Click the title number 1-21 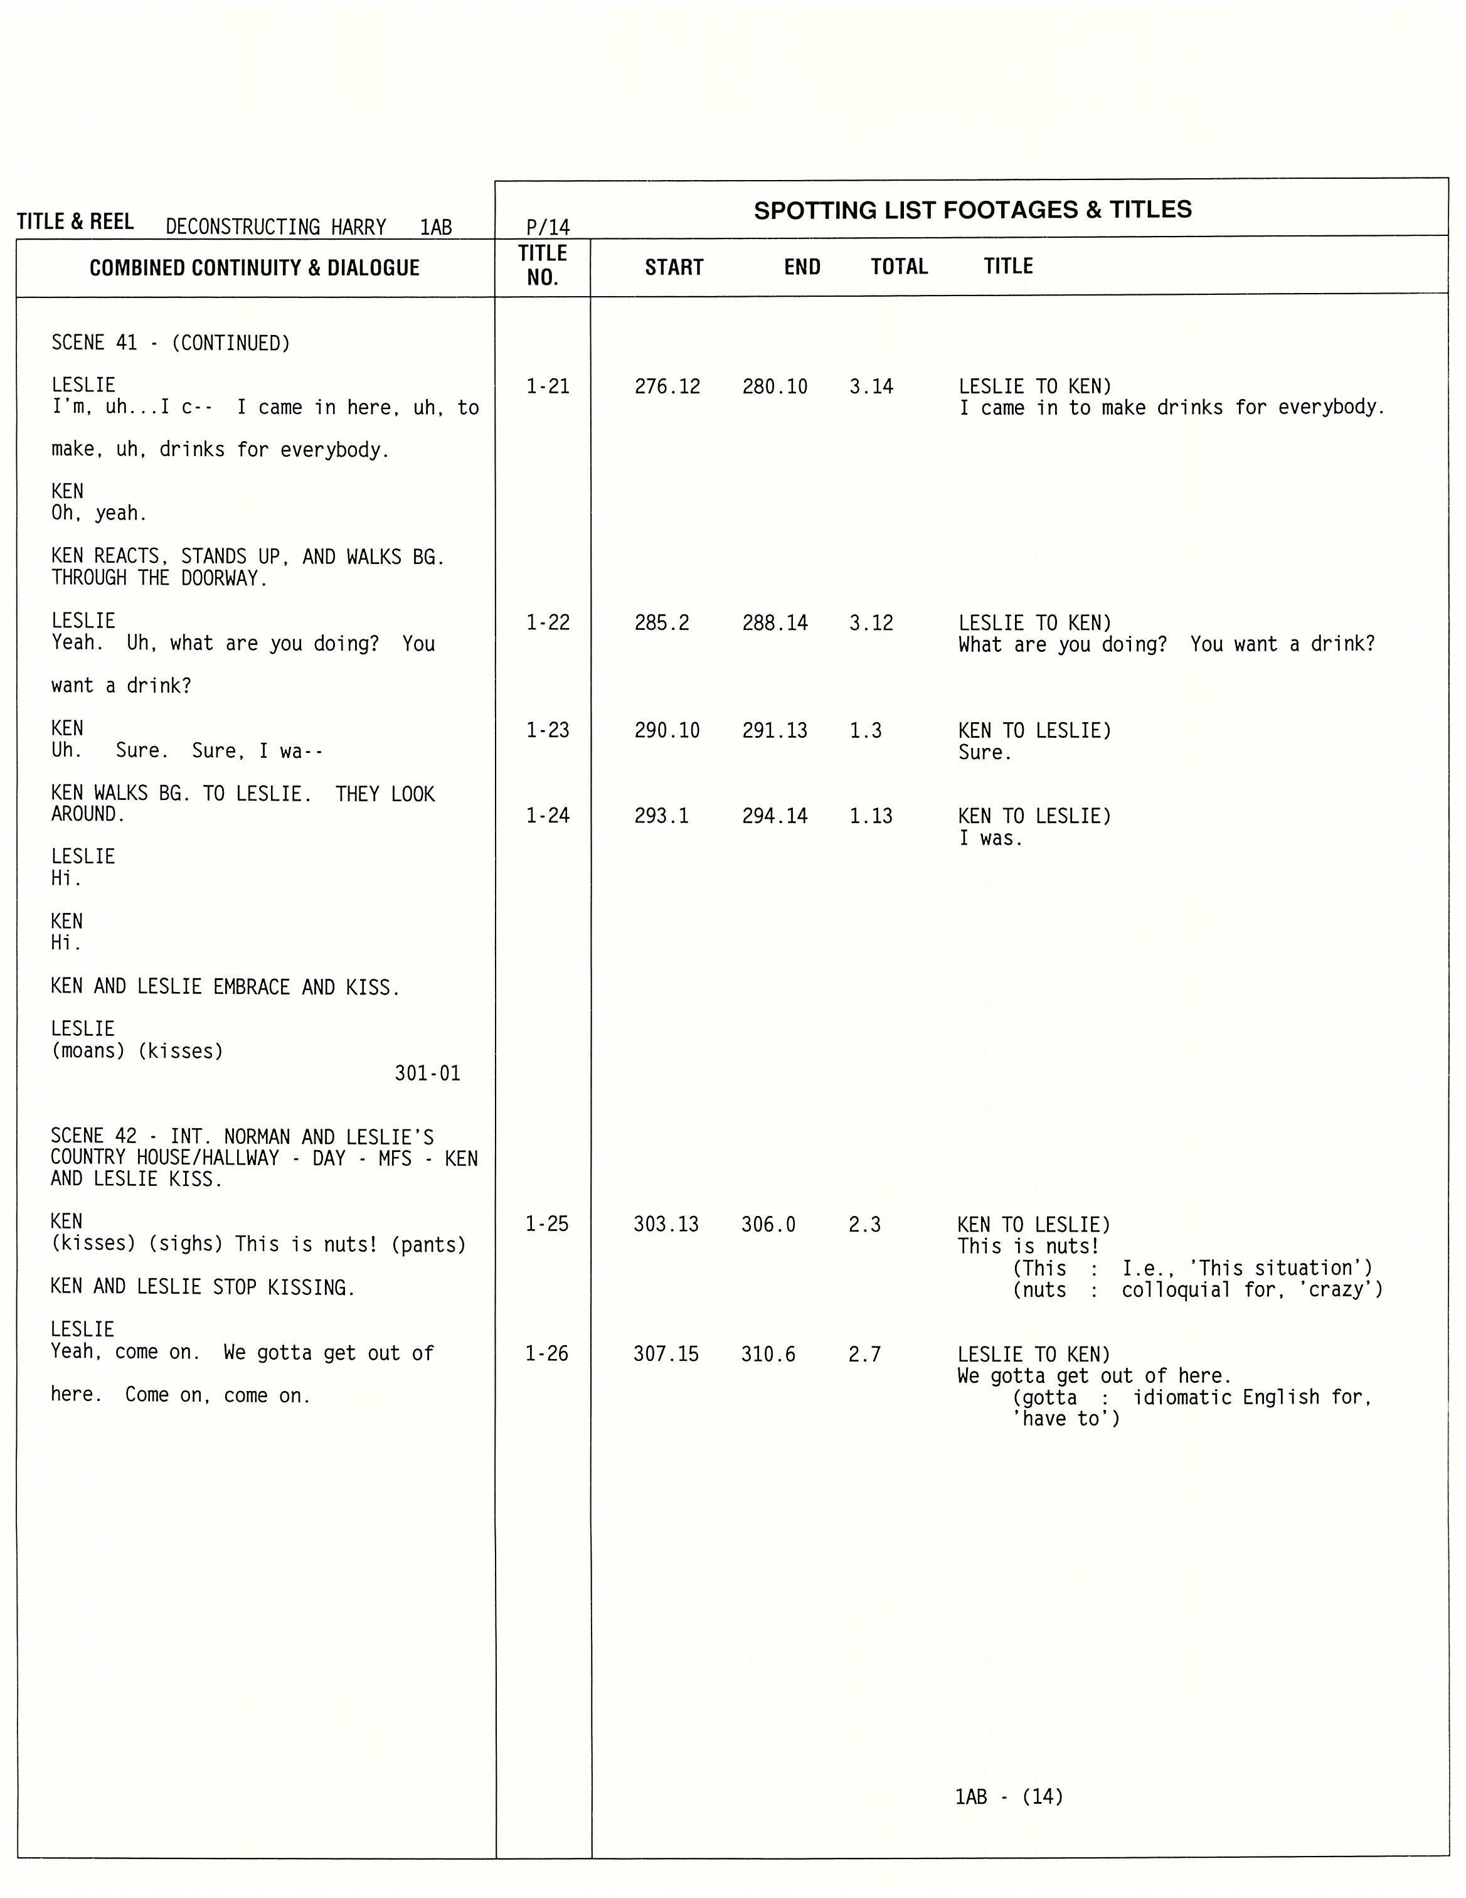pyautogui.click(x=548, y=387)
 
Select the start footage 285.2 pyautogui.click(x=661, y=623)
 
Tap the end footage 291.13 pyautogui.click(x=774, y=731)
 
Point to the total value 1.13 pyautogui.click(x=871, y=816)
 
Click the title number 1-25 pyautogui.click(x=546, y=1225)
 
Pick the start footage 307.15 pyautogui.click(x=666, y=1354)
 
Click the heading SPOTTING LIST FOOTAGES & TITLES pyautogui.click(x=972, y=210)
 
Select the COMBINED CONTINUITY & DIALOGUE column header pyautogui.click(x=255, y=268)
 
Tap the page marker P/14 pyautogui.click(x=548, y=228)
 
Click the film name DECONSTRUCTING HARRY pyautogui.click(x=275, y=228)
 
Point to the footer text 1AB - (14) pyautogui.click(x=1009, y=1796)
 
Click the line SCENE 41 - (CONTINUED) pyautogui.click(x=171, y=343)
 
